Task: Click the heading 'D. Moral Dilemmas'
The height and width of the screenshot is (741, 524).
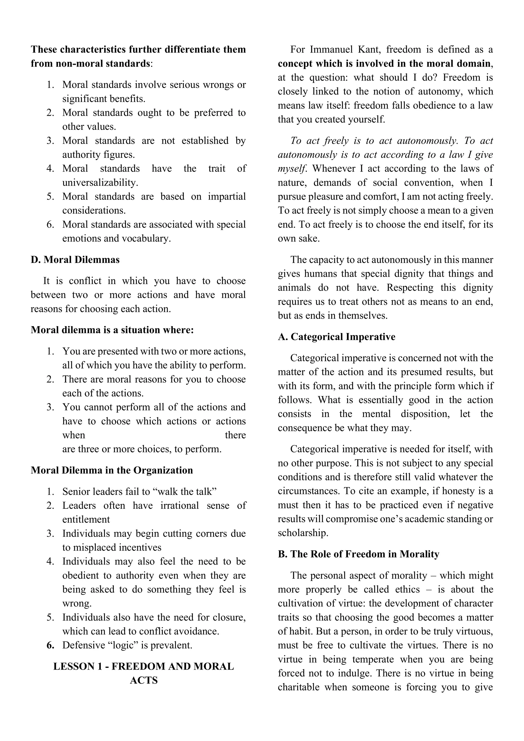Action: coord(75,260)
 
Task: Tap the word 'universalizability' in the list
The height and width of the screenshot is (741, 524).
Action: coord(100,183)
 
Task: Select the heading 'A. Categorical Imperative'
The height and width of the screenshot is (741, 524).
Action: coord(336,337)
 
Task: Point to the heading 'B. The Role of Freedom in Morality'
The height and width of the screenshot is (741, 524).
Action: coord(358,554)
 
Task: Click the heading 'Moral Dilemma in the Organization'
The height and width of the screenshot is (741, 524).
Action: coord(112,470)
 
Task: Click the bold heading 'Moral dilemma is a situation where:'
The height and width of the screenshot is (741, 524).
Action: coord(112,330)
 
